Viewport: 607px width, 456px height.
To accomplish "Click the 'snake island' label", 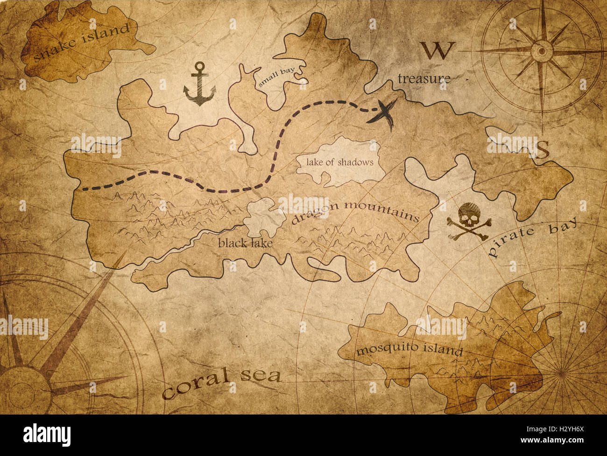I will [81, 42].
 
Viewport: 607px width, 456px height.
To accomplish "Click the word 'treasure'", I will [424, 79].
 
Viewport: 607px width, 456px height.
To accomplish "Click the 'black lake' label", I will [245, 242].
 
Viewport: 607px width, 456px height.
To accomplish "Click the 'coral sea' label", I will [222, 381].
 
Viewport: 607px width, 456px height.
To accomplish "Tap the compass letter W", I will [437, 50].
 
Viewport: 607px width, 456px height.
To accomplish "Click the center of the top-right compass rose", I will [542, 48].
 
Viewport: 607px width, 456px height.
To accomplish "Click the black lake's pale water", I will [264, 217].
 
